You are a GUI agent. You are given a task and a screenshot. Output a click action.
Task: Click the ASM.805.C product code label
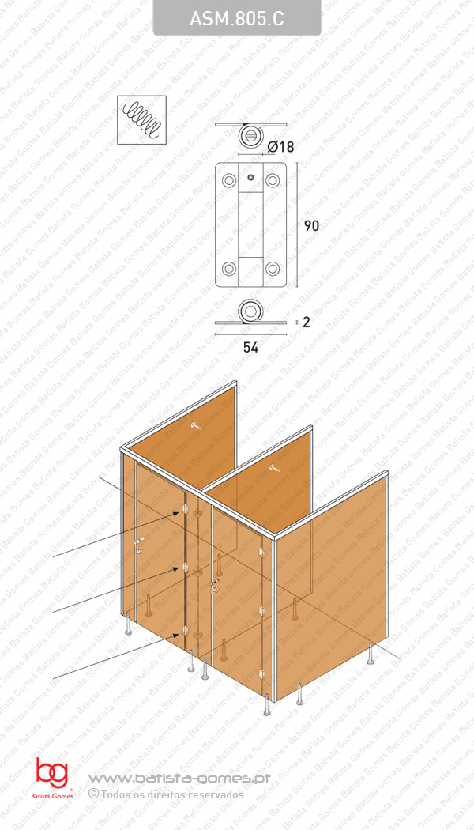pos(237,19)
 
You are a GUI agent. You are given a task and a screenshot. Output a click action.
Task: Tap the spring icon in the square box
pos(141,120)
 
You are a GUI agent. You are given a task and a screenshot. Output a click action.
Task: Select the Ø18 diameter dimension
pos(280,146)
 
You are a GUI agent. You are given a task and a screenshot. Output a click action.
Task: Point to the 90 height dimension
pos(311,225)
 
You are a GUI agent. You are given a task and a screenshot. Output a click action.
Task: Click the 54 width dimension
pos(250,346)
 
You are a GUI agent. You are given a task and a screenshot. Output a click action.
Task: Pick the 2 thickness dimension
pos(306,322)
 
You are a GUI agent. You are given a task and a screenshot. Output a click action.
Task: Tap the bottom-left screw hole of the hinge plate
pos(229,268)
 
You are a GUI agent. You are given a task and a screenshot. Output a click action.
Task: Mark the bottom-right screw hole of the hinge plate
pos(273,268)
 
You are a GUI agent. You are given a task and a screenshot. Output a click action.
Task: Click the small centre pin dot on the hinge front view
pos(250,178)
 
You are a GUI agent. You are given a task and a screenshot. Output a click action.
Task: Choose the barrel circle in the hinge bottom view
pos(251,311)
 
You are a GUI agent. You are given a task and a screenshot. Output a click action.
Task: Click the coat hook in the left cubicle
pos(197,427)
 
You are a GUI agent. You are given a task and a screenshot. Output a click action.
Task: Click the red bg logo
pos(51,773)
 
